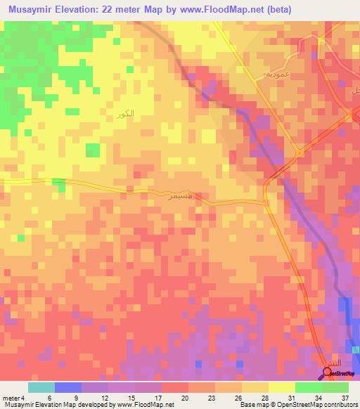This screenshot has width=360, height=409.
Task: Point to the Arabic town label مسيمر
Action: (194, 195)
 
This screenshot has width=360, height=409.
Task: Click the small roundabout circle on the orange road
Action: (299, 152)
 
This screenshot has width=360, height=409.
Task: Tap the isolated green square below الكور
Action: (92, 150)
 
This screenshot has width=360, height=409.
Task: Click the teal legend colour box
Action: (41, 387)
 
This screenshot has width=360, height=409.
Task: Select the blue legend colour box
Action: (67, 387)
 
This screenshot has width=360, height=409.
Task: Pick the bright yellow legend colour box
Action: (281, 387)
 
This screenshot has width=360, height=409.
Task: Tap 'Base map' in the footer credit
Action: (250, 405)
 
